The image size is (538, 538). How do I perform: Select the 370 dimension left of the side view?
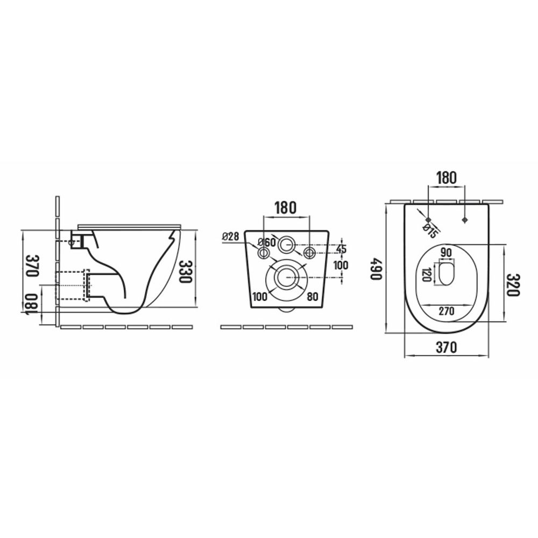(33, 266)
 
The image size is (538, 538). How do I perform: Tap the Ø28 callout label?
(231, 236)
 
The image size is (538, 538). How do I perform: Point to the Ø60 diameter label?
(267, 242)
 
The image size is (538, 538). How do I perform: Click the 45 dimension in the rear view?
(341, 249)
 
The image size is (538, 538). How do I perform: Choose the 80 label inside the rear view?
(312, 296)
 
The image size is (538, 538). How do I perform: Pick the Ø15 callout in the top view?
(430, 231)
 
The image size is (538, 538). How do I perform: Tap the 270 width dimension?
(447, 311)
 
